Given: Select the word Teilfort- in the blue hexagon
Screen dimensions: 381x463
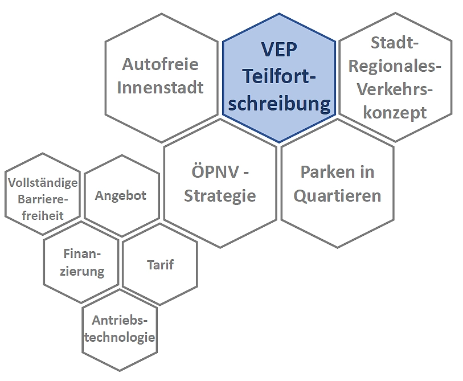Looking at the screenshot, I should click(279, 77).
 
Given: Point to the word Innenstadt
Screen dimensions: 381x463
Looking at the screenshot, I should click(161, 88).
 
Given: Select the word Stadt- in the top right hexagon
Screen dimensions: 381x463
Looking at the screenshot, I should click(394, 43).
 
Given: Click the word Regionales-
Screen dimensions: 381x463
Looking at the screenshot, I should click(395, 66).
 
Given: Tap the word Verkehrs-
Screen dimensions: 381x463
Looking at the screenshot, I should click(395, 89).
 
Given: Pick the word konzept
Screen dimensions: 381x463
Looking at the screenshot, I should click(395, 112).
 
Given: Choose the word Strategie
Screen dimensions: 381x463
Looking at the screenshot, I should click(220, 196).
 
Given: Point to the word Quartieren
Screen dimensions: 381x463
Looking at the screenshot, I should click(337, 196).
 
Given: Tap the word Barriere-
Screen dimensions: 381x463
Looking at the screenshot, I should click(43, 199).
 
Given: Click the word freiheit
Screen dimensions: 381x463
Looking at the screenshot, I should click(43, 215).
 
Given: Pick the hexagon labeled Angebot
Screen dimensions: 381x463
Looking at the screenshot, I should click(121, 195).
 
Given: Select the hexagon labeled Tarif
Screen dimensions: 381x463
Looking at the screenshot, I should click(160, 264).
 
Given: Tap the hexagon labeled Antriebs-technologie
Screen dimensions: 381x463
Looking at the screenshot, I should click(119, 329).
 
